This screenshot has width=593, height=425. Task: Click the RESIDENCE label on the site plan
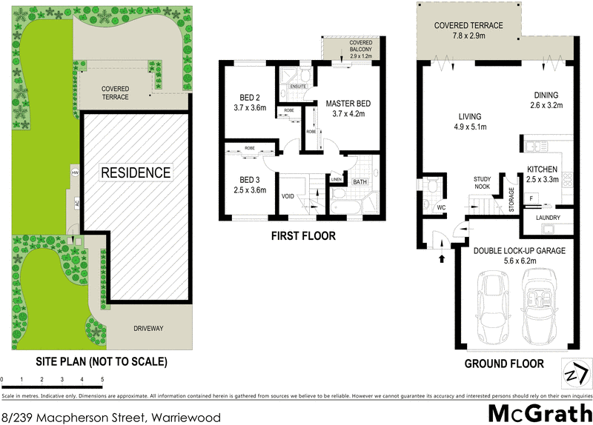coord(136,173)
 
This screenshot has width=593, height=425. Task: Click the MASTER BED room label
coord(343,104)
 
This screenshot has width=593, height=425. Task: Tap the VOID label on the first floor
coord(289,196)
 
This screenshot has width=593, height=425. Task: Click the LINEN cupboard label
coord(335,180)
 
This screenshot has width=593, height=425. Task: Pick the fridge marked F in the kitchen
coord(532,198)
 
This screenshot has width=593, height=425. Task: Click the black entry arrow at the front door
coord(443,259)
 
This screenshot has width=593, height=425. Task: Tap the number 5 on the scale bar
coord(102,380)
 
